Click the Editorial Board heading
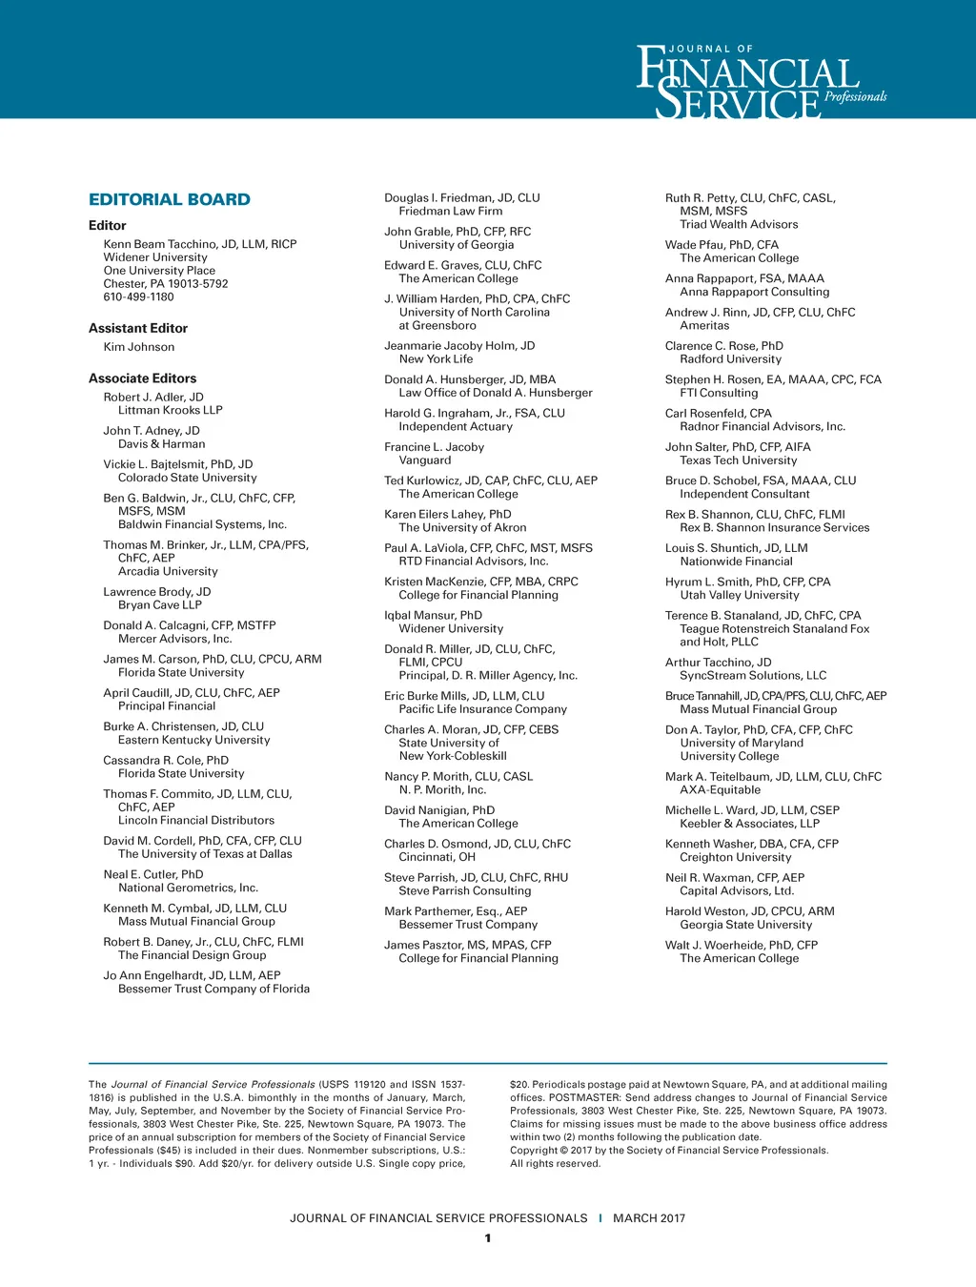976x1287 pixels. (x=170, y=199)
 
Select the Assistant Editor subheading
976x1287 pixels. (x=138, y=328)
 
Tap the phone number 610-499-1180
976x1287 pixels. (x=138, y=296)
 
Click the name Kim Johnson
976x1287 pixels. (x=139, y=347)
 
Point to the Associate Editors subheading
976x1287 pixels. (x=142, y=378)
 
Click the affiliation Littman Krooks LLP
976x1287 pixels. (x=170, y=410)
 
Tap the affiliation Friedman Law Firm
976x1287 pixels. (x=450, y=211)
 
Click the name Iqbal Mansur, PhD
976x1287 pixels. (x=433, y=615)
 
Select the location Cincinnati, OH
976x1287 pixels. (x=437, y=857)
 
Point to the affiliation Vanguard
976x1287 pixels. (x=425, y=460)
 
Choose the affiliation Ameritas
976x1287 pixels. (x=704, y=325)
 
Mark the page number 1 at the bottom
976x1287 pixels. (x=488, y=1238)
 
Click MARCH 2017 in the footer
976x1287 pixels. (x=649, y=1218)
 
